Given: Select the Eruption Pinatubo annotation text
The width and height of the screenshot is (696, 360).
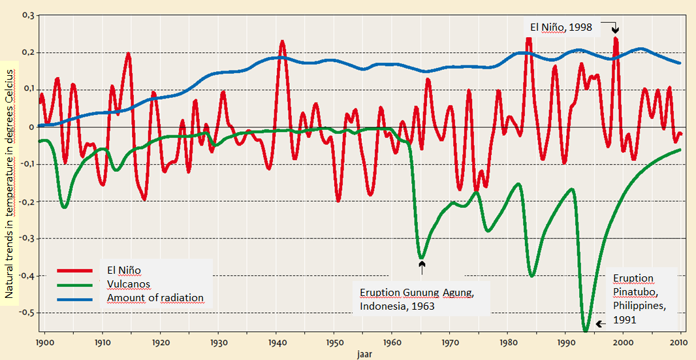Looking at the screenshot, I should (x=642, y=293).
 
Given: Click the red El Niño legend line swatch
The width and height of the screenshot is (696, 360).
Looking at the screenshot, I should (x=74, y=270).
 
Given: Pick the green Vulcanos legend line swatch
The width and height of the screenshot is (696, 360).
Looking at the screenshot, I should (x=74, y=284).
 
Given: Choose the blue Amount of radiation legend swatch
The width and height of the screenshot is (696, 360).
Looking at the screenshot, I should (x=74, y=299).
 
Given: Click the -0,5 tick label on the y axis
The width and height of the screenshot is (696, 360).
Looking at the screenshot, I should (x=25, y=313).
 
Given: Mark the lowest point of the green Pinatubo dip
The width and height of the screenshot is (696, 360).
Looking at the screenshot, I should (x=585, y=330).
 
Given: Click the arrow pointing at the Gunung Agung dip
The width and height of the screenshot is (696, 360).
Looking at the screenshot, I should (x=422, y=267).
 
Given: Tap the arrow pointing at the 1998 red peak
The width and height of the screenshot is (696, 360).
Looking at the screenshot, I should (x=614, y=28).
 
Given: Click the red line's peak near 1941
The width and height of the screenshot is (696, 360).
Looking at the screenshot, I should (x=282, y=42).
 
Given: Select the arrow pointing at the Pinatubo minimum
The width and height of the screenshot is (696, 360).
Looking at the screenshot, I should (x=600, y=323).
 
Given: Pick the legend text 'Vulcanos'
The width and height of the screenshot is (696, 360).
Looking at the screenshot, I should (x=129, y=284).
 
